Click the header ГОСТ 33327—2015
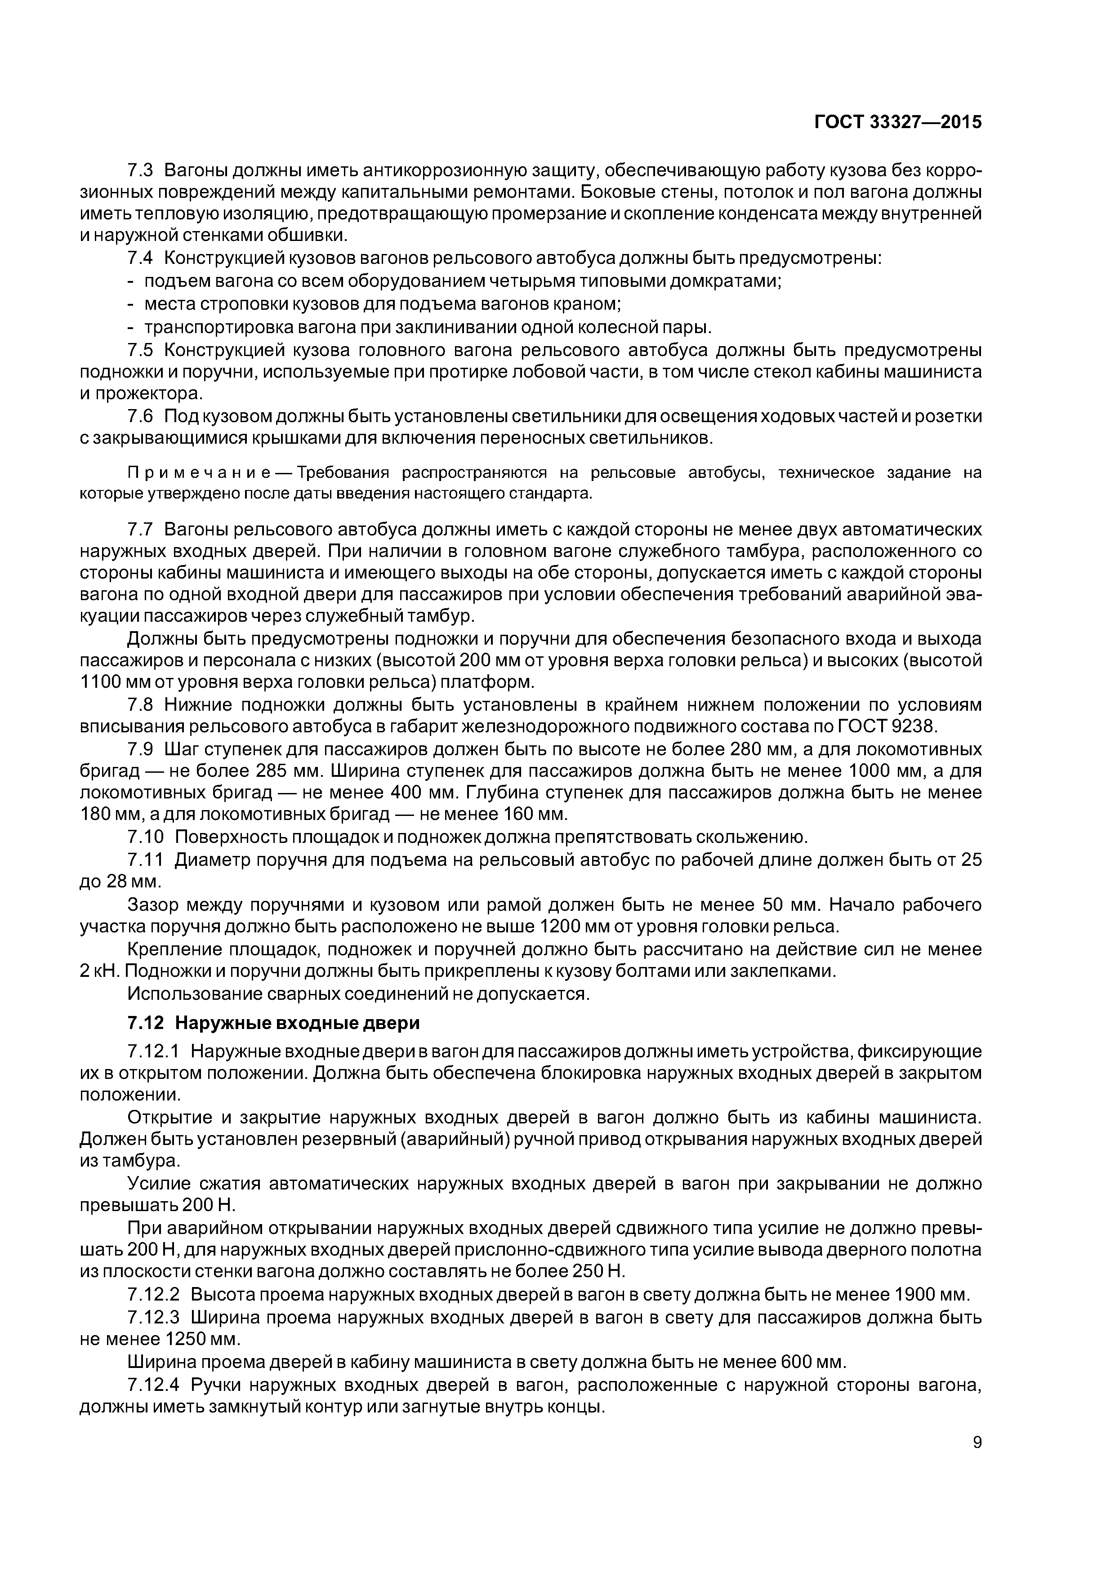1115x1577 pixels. coord(898,122)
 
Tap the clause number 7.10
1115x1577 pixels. coord(146,837)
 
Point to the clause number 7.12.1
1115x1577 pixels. coord(152,1051)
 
